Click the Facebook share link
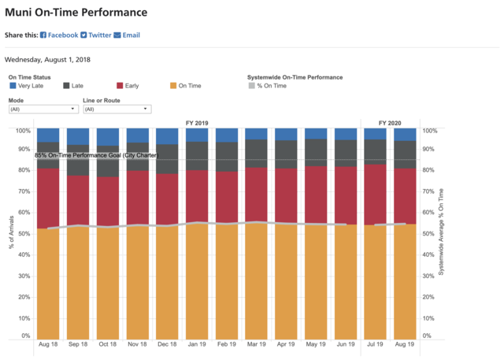(x=59, y=35)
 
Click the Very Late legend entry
(x=28, y=85)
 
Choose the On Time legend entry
(x=187, y=85)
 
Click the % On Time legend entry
(x=269, y=85)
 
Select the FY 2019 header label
(x=197, y=124)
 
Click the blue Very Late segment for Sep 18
(x=79, y=136)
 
